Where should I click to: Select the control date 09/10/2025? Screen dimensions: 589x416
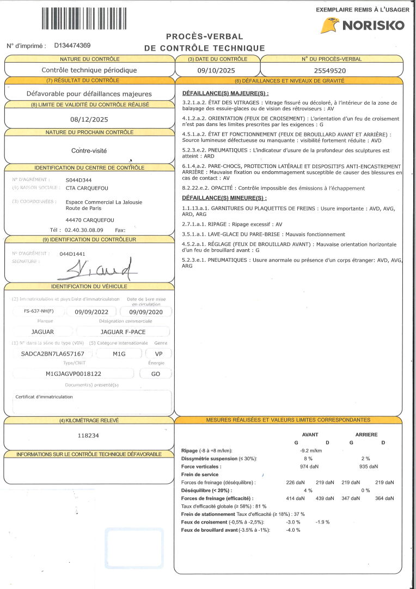coord(217,70)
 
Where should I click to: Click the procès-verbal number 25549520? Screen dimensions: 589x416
coord(330,70)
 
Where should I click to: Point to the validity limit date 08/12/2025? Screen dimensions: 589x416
coord(89,119)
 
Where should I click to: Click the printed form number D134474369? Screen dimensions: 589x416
coord(72,46)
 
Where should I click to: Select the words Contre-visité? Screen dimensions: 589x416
coord(89,150)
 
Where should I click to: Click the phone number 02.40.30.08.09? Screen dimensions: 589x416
coord(84,230)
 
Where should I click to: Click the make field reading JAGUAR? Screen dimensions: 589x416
coord(43,332)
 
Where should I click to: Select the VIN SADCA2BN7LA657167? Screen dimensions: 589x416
coord(48,353)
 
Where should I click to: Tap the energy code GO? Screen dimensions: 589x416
coord(155,374)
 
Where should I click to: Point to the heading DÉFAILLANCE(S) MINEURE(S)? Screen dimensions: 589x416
coord(224,197)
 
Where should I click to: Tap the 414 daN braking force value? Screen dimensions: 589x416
coord(295,498)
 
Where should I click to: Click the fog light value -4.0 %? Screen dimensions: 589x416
coord(293,530)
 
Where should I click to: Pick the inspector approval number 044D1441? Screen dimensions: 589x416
coord(72,254)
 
